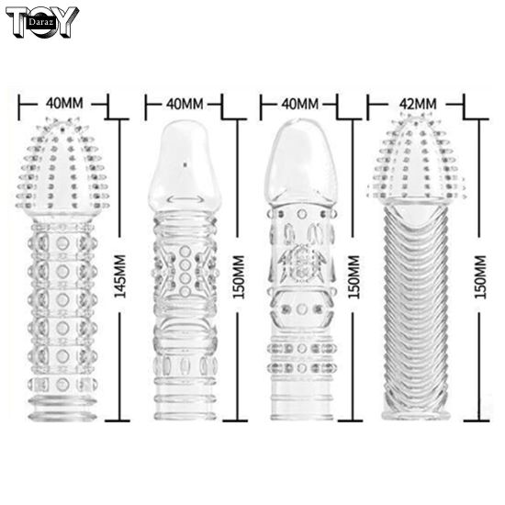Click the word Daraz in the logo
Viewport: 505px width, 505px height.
pyautogui.click(x=40, y=22)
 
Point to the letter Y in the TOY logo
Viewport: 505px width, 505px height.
pyautogui.click(x=65, y=21)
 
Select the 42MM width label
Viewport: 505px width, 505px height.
pyautogui.click(x=418, y=104)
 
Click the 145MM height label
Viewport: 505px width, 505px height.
pyautogui.click(x=120, y=276)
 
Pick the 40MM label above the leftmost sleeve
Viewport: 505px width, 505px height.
pyautogui.click(x=64, y=104)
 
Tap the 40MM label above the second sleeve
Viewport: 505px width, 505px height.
pyautogui.click(x=185, y=104)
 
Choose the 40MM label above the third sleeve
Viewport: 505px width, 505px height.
pyautogui.click(x=300, y=104)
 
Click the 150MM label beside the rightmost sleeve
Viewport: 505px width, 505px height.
pyautogui.click(x=480, y=277)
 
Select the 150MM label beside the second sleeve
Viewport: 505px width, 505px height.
pyautogui.click(x=239, y=277)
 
